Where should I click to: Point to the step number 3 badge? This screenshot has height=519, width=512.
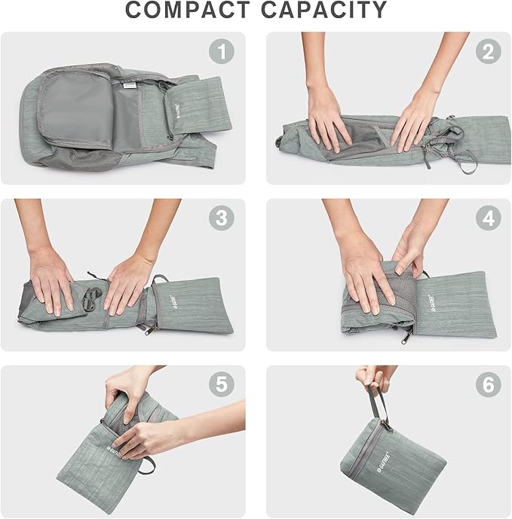click(x=221, y=218)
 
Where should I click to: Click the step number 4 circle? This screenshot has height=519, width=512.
click(x=488, y=218)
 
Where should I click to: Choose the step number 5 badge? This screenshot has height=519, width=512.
click(x=221, y=385)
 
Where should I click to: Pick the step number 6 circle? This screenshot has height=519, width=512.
click(x=488, y=385)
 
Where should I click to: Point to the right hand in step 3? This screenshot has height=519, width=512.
click(x=128, y=282)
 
